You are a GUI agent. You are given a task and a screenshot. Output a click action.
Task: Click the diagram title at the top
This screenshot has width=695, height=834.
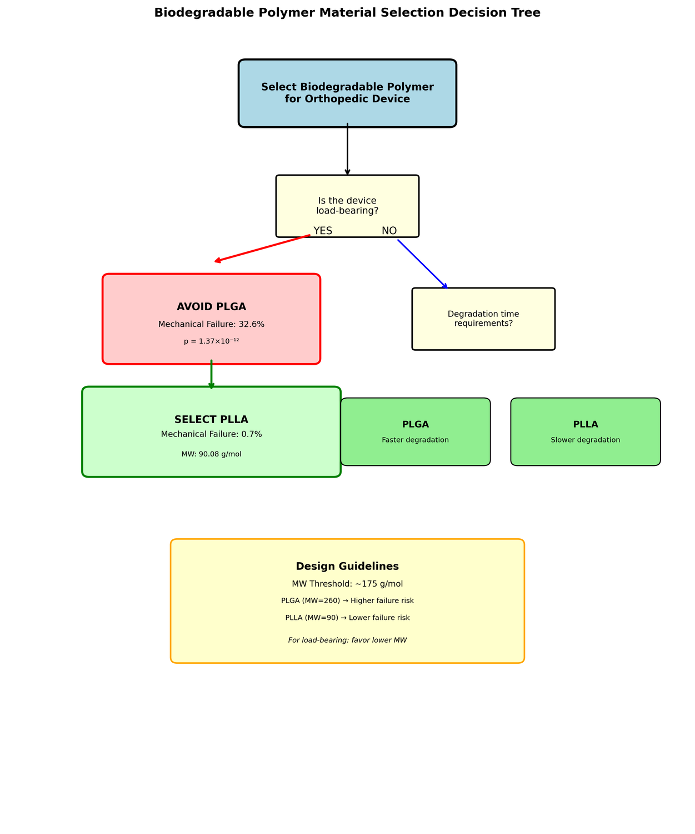[347, 13]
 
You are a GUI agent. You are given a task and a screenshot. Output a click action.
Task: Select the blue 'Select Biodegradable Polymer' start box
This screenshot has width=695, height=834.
[347, 93]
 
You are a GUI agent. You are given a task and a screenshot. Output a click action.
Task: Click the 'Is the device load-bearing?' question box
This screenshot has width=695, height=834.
[347, 206]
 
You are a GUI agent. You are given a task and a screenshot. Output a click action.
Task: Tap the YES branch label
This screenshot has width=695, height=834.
[323, 231]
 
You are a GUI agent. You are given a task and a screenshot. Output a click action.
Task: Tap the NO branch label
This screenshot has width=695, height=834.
[389, 231]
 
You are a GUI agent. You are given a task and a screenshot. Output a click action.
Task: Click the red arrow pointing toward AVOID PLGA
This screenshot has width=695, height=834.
[262, 249]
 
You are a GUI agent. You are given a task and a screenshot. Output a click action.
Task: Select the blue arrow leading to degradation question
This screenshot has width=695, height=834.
[422, 264]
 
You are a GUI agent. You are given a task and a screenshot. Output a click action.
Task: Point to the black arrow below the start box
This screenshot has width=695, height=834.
[347, 149]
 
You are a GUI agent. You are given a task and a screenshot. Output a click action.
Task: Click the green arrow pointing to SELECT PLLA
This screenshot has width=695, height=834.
[211, 374]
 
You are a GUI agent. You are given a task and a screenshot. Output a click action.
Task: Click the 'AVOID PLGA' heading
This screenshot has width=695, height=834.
[211, 307]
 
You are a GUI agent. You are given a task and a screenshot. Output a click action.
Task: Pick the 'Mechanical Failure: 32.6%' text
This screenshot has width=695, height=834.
[211, 324]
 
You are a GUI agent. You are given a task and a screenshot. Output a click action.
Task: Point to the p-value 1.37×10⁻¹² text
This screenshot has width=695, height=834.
[211, 341]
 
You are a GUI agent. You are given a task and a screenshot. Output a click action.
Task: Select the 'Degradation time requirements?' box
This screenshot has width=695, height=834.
[483, 319]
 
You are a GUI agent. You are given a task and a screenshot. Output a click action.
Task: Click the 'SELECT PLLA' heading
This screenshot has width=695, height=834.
[211, 420]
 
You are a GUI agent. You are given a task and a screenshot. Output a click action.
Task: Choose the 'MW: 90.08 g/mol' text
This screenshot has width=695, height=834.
[211, 454]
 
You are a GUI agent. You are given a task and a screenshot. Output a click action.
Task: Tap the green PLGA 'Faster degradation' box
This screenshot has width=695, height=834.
[416, 432]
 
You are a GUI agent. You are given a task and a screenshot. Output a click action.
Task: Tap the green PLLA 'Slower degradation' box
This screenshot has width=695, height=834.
[586, 432]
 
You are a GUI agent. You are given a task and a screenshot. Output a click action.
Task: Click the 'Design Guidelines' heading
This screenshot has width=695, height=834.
[347, 567]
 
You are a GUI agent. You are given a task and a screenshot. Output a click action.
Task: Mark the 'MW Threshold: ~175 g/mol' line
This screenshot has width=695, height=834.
[347, 584]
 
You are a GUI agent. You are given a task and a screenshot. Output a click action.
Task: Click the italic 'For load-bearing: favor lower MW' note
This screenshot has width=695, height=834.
[347, 641]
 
